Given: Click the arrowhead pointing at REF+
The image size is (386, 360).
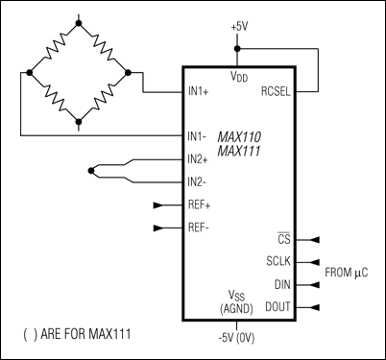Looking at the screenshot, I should [159, 205].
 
